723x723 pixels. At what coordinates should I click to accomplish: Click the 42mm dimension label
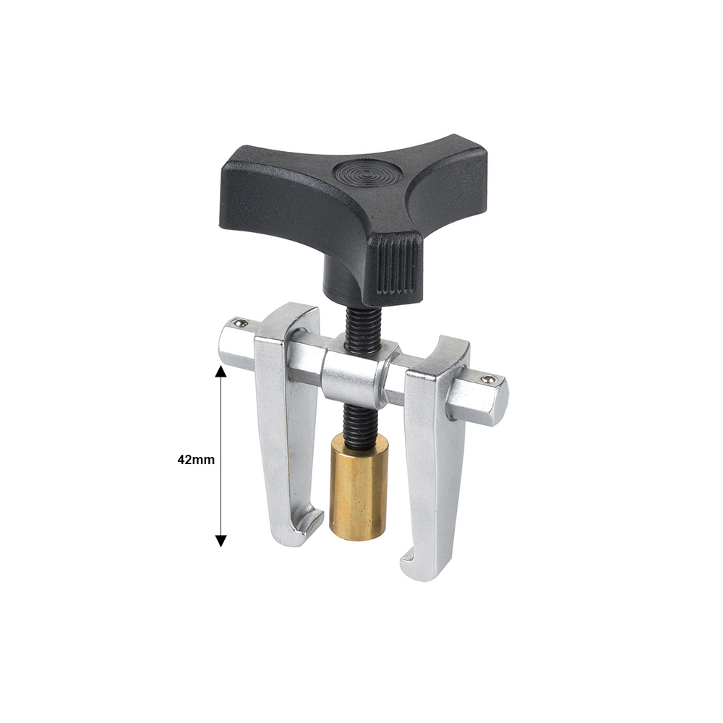pyautogui.click(x=196, y=460)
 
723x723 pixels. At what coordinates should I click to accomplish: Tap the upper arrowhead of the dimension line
pyautogui.click(x=221, y=372)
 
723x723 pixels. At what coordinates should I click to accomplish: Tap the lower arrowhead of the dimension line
pyautogui.click(x=221, y=541)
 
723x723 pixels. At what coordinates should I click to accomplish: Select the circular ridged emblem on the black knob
pyautogui.click(x=368, y=174)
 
